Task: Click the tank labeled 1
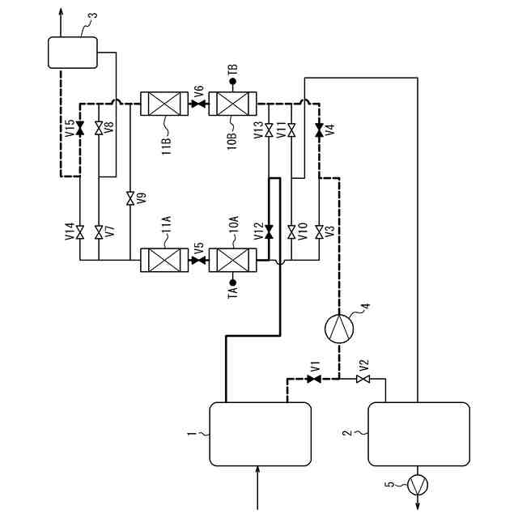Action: pyautogui.click(x=261, y=434)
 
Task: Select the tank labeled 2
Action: pyautogui.click(x=418, y=434)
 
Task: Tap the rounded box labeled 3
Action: pyautogui.click(x=73, y=53)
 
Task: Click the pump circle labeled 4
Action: pyautogui.click(x=339, y=329)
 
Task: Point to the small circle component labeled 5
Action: pyautogui.click(x=418, y=484)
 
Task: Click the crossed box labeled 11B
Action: pyautogui.click(x=164, y=104)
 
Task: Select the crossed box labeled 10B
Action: pyautogui.click(x=232, y=104)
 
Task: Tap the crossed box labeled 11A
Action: pyautogui.click(x=164, y=261)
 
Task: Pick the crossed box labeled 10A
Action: pyautogui.click(x=232, y=261)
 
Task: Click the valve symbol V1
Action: pyautogui.click(x=312, y=378)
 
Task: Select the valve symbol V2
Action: pyautogui.click(x=364, y=378)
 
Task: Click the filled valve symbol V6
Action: pyautogui.click(x=198, y=104)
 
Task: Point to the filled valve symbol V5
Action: pyautogui.click(x=198, y=261)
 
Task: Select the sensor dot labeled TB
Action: pyautogui.click(x=232, y=82)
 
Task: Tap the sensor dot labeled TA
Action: pyautogui.click(x=232, y=283)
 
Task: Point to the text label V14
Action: pyautogui.click(x=70, y=233)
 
